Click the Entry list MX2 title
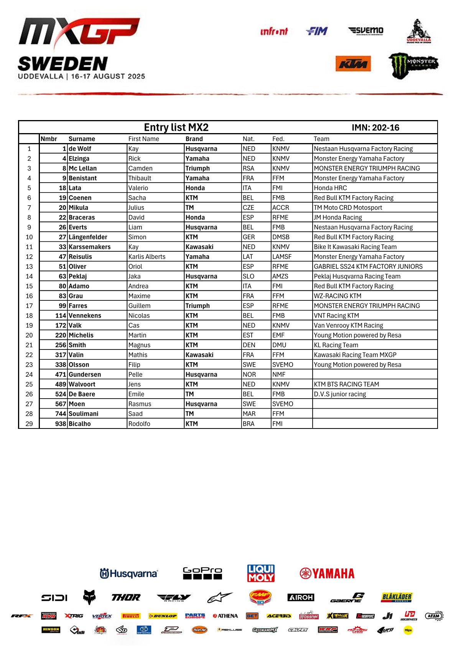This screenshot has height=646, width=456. [x=176, y=127]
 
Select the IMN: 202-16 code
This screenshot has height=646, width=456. [x=375, y=128]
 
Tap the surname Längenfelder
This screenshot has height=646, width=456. [x=88, y=237]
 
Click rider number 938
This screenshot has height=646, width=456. [x=61, y=424]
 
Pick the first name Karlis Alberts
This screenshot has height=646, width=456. [x=147, y=257]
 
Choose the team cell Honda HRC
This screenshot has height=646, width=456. [x=330, y=188]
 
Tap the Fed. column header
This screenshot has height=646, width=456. [x=278, y=139]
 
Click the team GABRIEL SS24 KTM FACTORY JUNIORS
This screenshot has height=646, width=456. [x=368, y=267]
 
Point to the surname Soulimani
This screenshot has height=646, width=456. [x=84, y=414]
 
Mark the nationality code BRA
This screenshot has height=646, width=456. [x=249, y=424]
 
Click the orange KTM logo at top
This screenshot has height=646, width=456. [x=353, y=64]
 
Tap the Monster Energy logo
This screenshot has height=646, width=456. [x=413, y=66]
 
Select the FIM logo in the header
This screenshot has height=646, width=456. [x=317, y=31]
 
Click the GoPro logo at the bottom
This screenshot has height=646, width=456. [x=202, y=573]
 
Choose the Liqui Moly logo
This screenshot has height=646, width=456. [x=261, y=573]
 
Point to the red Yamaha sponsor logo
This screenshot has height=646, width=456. [x=327, y=573]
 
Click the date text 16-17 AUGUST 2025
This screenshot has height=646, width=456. [x=108, y=76]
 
